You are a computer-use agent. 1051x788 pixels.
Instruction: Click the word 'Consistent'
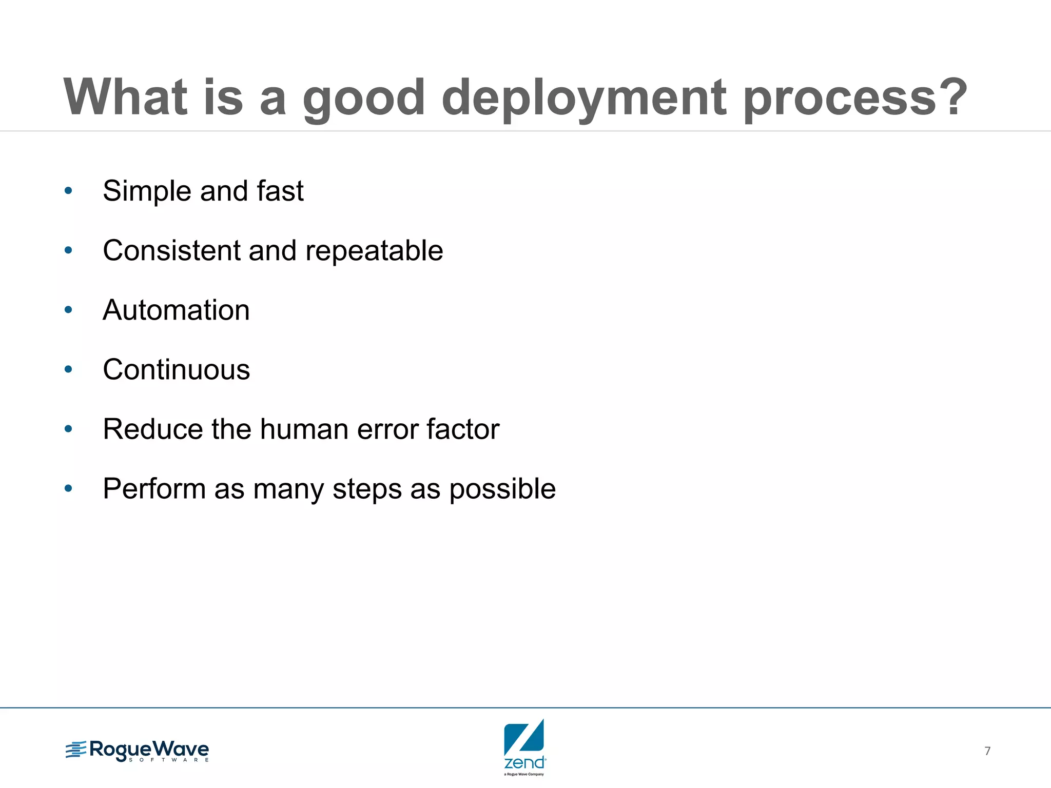coord(171,250)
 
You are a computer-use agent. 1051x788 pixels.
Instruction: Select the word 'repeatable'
coord(374,251)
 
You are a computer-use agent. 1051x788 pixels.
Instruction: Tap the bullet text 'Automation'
coord(176,310)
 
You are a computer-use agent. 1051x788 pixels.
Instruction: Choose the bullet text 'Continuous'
coord(176,369)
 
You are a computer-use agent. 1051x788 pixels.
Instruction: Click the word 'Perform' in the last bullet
coord(154,488)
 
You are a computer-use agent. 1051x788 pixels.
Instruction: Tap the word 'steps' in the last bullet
coord(367,489)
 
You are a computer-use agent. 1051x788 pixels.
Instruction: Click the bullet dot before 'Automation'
coord(68,310)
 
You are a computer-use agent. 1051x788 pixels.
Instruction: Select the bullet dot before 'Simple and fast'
coord(68,191)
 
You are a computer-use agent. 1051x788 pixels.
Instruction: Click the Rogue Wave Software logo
coord(138,751)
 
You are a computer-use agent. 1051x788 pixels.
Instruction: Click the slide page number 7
coord(987,751)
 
